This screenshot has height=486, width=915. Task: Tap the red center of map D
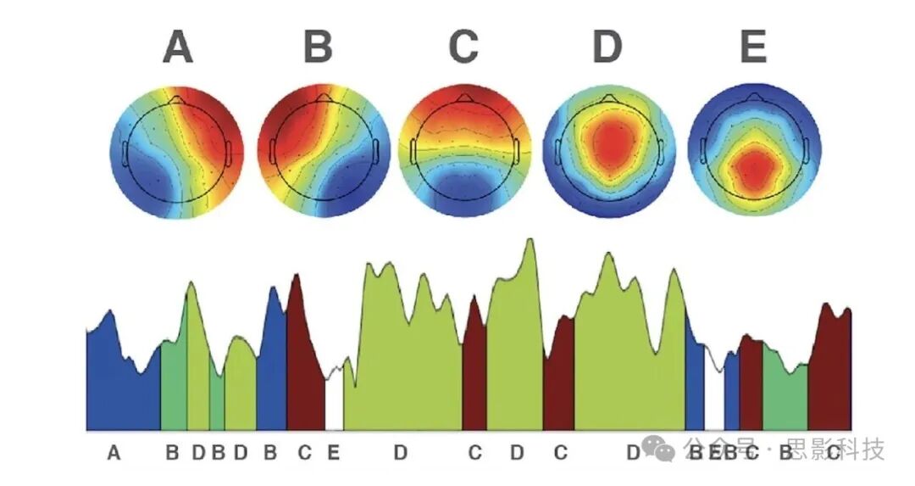(x=608, y=144)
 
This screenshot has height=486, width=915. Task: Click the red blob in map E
(x=753, y=165)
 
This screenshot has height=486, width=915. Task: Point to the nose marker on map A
(x=175, y=100)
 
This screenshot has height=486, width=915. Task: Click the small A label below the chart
(x=114, y=453)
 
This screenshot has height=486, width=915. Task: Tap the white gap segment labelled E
(x=334, y=403)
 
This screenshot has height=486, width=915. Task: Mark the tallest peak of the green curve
(x=530, y=240)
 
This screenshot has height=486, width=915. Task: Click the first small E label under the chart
(x=334, y=453)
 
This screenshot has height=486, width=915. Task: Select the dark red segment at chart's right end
(x=830, y=373)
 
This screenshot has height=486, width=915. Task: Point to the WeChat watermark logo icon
(x=658, y=450)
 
